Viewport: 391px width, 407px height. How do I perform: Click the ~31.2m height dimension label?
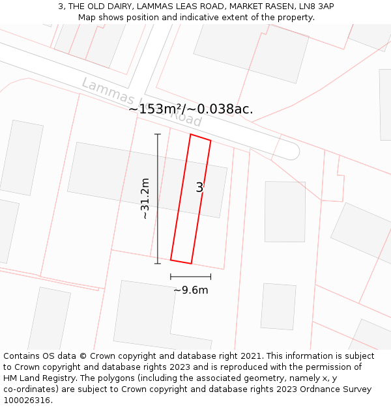[x=145, y=199]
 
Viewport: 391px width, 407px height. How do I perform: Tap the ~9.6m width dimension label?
[x=191, y=290]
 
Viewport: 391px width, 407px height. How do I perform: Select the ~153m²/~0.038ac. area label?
[x=190, y=109]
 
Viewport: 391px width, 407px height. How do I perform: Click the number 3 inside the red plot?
[x=199, y=188]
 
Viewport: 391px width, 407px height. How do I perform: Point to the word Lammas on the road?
[x=105, y=92]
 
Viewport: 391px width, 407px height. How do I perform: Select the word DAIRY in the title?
[x=117, y=7]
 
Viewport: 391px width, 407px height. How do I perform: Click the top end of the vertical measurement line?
[x=158, y=134]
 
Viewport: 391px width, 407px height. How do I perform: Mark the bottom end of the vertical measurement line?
[x=158, y=263]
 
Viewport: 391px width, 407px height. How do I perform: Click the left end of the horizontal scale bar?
[x=171, y=277]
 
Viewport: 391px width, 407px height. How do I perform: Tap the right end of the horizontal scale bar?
[x=210, y=277]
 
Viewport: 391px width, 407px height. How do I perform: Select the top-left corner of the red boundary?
[x=190, y=134]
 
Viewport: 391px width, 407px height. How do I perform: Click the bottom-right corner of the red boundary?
[x=191, y=263]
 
